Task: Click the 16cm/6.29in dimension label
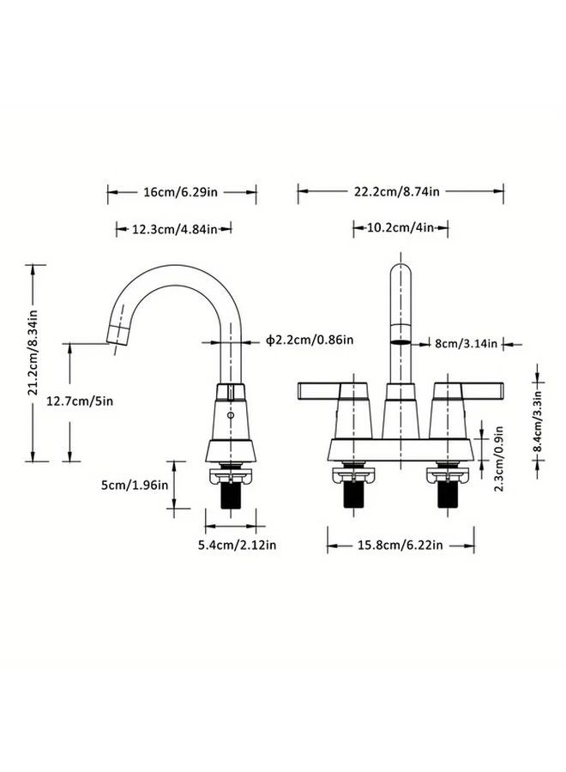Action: [182, 192]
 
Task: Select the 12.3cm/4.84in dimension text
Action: [174, 229]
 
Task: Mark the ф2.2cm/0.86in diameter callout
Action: [310, 341]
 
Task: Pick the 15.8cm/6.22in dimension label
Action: [401, 544]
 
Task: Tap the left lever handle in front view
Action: [319, 391]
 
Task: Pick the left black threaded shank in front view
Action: [353, 495]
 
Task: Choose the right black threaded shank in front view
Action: [449, 495]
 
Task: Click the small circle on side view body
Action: [230, 416]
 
